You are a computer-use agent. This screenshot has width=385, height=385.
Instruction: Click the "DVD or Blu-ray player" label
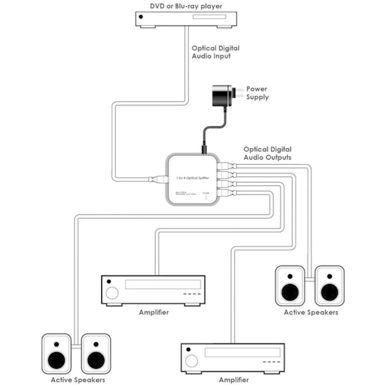point(186,6)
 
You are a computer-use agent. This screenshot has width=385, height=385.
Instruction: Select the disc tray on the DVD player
point(209,17)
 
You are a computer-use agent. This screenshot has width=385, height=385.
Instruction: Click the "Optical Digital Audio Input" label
point(216,52)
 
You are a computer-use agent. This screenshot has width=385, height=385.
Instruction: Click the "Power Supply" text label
point(257,93)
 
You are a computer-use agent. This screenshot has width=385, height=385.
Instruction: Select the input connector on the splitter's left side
point(159,179)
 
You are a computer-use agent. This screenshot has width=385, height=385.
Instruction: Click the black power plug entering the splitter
point(203,148)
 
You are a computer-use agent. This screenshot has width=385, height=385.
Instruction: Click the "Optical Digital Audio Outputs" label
point(267,153)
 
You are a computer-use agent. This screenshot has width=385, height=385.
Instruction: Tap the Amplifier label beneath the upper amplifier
point(154,312)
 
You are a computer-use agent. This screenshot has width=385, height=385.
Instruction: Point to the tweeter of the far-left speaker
point(56,344)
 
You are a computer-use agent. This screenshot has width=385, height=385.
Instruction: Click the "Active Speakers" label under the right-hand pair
point(311,312)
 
